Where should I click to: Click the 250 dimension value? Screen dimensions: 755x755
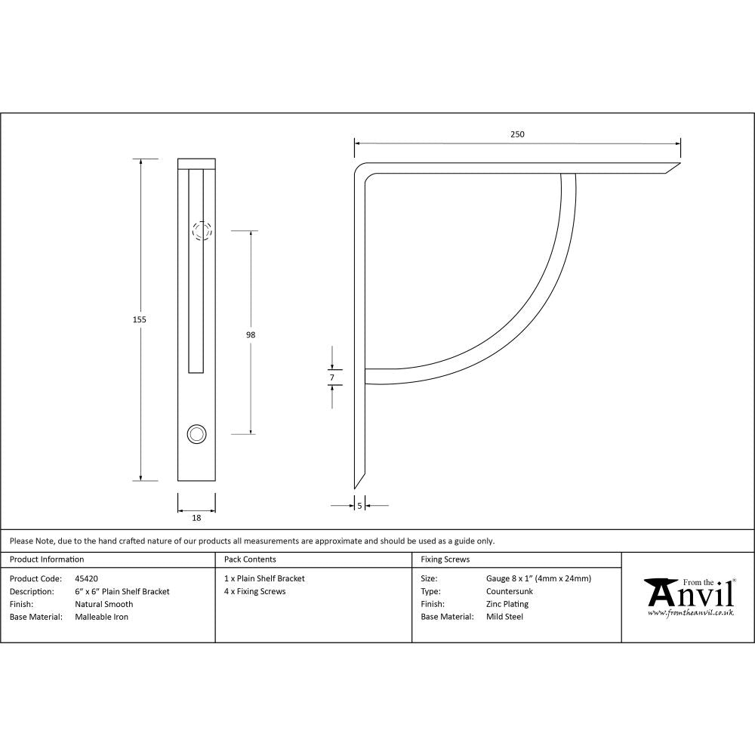[516, 134]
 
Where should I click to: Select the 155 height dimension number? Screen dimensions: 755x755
[139, 319]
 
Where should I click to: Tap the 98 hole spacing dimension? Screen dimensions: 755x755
[251, 334]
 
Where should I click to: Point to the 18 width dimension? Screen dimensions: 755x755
[196, 518]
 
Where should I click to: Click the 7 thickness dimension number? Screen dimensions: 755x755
[331, 376]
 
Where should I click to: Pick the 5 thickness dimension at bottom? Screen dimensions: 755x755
[359, 505]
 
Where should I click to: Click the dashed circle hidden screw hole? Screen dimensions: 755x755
[201, 230]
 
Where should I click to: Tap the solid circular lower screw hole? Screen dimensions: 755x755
[196, 433]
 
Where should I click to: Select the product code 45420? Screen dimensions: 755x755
[87, 579]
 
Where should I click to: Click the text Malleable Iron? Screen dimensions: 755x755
[101, 617]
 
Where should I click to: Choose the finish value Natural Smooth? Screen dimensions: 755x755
[103, 604]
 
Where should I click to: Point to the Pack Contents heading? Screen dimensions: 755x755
[250, 559]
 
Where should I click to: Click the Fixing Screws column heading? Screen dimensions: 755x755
[445, 559]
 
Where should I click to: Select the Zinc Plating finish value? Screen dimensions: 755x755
[507, 604]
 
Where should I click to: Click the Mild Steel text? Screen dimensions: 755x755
[504, 617]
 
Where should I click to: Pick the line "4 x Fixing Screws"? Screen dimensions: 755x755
[255, 591]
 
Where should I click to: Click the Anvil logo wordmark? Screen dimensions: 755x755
[689, 594]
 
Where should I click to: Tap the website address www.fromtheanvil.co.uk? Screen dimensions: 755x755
[690, 613]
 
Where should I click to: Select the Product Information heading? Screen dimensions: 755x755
[47, 559]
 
